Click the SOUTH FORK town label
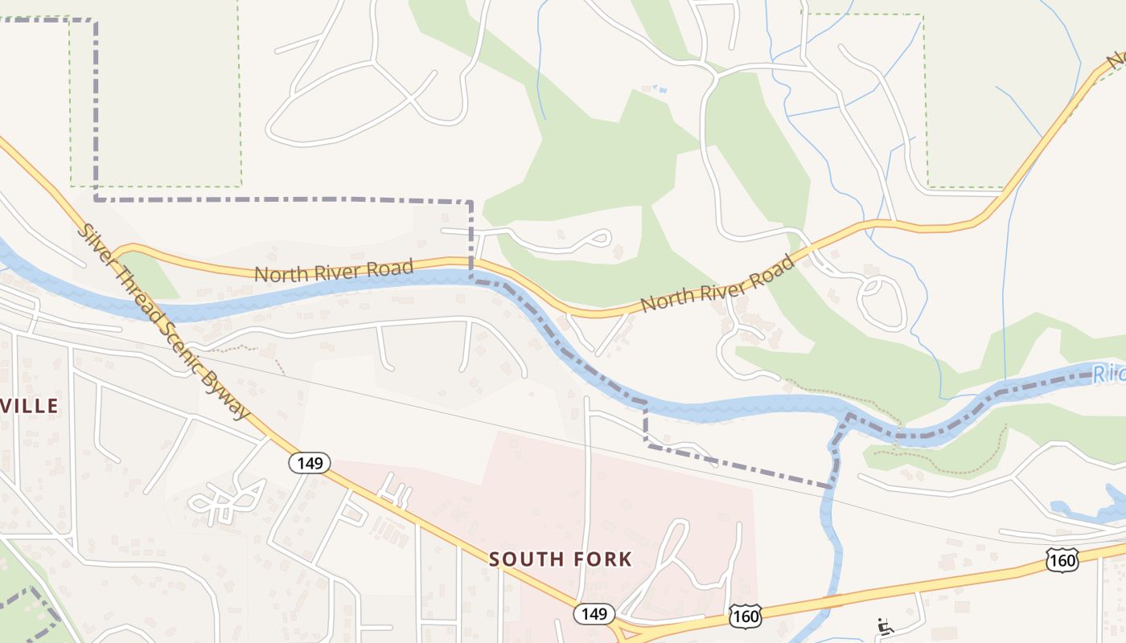[x=561, y=559]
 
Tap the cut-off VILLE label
[x=30, y=406]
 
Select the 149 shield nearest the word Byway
[x=310, y=462]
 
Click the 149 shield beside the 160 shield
[x=594, y=614]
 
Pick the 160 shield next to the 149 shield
[x=745, y=616]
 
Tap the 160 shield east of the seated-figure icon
[x=1062, y=560]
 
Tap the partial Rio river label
[x=1110, y=374]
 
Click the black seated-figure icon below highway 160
[x=885, y=626]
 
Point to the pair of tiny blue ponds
[x=655, y=88]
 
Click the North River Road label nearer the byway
[x=334, y=269]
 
